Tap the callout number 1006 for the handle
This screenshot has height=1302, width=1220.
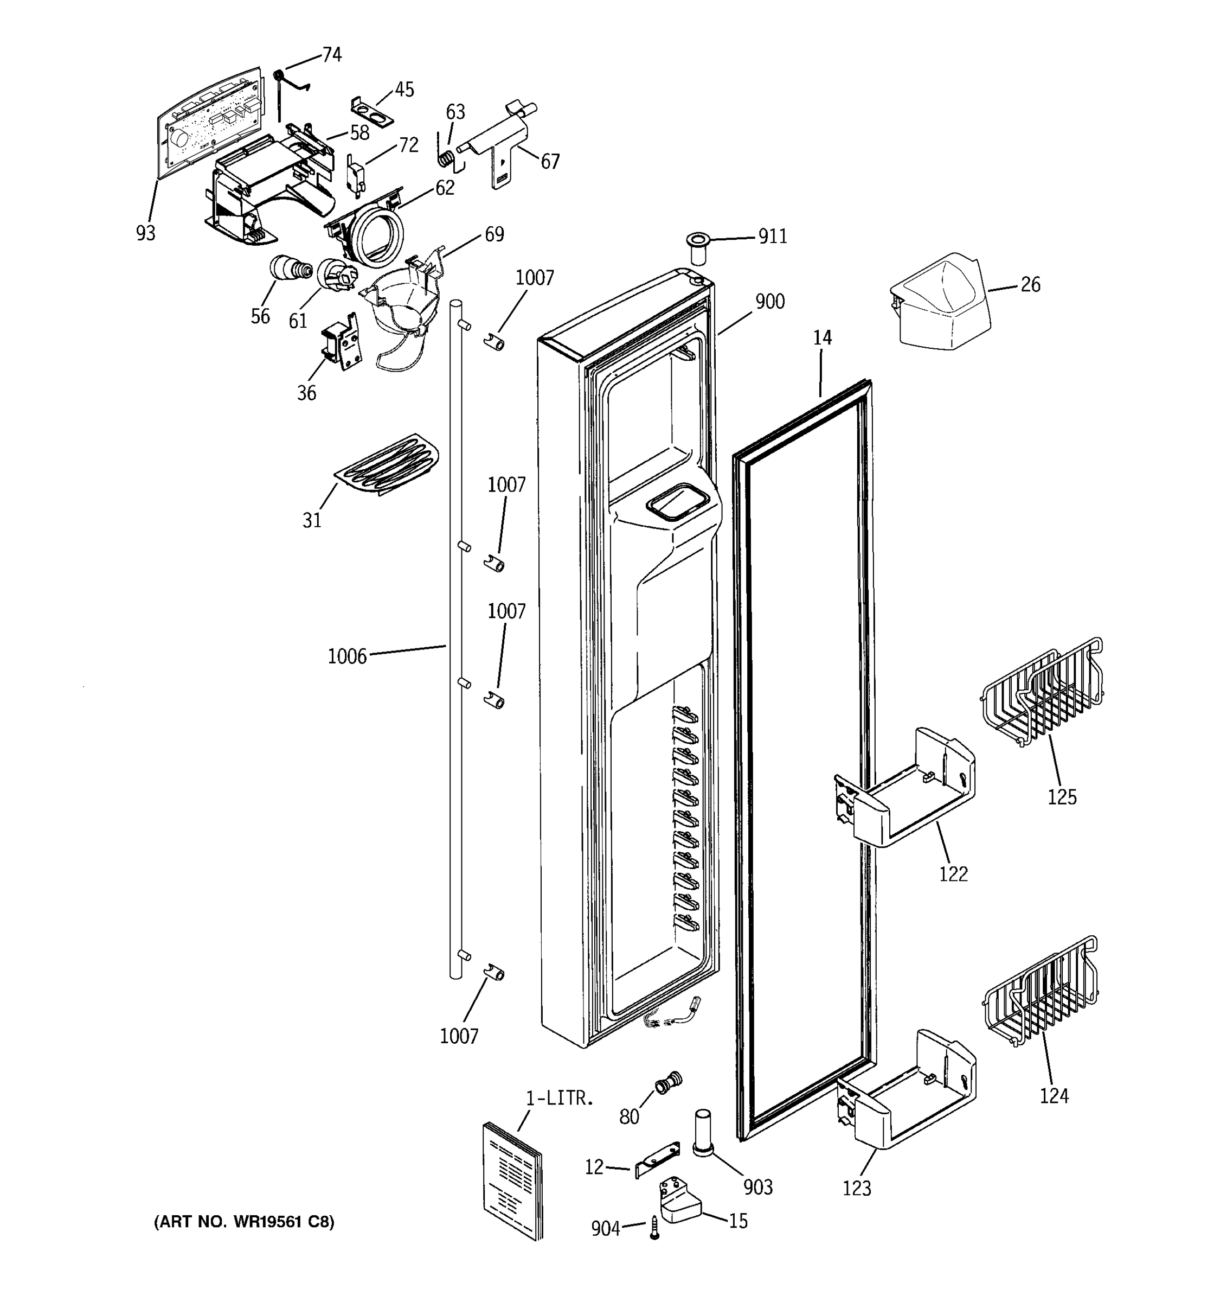click(347, 656)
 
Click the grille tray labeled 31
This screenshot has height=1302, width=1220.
click(387, 463)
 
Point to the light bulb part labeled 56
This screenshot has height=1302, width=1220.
click(287, 268)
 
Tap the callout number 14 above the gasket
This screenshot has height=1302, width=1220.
click(822, 337)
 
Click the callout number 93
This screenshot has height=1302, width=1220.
click(146, 233)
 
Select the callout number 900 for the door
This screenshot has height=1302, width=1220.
click(770, 302)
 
